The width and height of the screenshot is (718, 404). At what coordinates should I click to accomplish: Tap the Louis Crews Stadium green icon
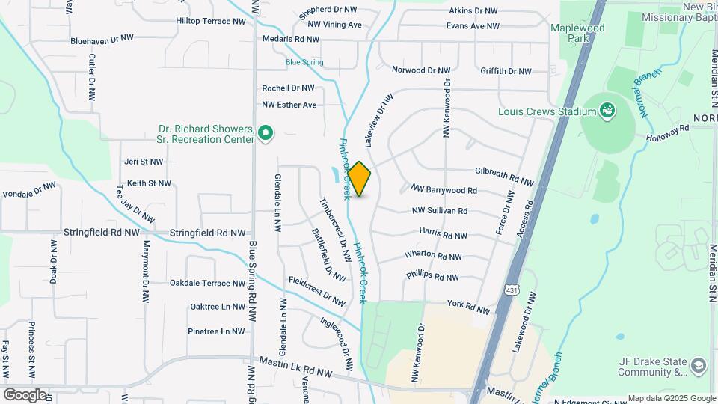tap(608, 111)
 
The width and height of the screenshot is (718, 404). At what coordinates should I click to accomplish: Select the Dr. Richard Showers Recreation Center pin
tap(264, 134)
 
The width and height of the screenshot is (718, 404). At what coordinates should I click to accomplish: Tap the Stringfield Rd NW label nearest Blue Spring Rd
tap(207, 233)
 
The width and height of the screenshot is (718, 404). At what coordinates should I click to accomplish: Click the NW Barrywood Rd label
tap(444, 191)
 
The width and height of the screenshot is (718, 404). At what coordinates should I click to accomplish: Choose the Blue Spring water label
tap(304, 62)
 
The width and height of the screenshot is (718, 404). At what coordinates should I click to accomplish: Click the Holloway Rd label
tap(669, 132)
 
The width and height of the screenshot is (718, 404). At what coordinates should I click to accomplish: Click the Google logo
tap(25, 394)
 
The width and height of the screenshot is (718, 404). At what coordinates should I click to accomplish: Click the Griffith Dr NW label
tap(506, 71)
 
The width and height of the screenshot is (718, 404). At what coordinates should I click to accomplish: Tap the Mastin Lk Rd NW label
tap(295, 366)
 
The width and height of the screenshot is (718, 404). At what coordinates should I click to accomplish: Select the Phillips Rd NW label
tap(432, 276)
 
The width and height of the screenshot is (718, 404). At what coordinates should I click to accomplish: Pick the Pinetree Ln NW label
tap(216, 331)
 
